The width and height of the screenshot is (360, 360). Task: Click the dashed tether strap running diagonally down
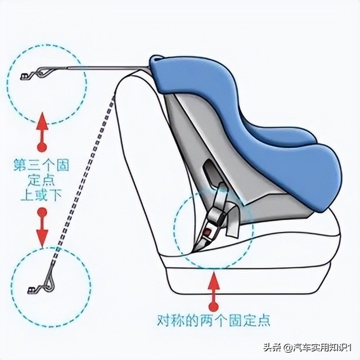pos(84,186)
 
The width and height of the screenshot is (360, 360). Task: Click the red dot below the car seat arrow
pos(213,307)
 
